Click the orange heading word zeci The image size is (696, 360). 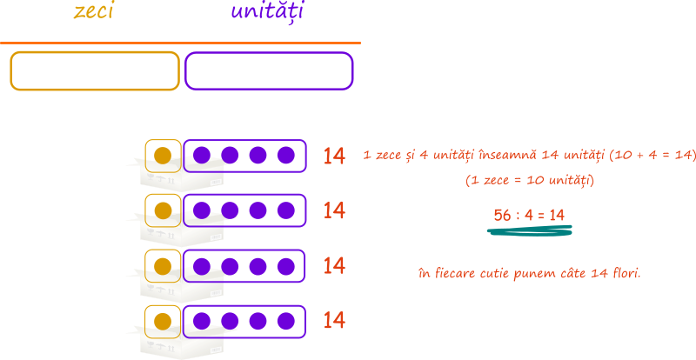[93, 10]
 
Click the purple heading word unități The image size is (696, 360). [267, 11]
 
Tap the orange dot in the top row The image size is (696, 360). [163, 156]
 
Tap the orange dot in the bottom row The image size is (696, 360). [163, 322]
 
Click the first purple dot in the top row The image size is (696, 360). [202, 156]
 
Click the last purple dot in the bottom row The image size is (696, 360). [286, 322]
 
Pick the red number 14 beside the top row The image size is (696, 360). [334, 157]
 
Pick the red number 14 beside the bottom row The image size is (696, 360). [334, 321]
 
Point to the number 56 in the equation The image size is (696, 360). [503, 216]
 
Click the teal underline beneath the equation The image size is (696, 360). [530, 230]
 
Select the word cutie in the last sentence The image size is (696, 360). [495, 273]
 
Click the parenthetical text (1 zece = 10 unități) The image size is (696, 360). [530, 181]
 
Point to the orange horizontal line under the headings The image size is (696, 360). [180, 43]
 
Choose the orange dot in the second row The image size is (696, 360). [163, 210]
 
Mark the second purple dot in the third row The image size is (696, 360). [230, 266]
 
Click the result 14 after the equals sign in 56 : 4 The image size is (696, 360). [557, 216]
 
